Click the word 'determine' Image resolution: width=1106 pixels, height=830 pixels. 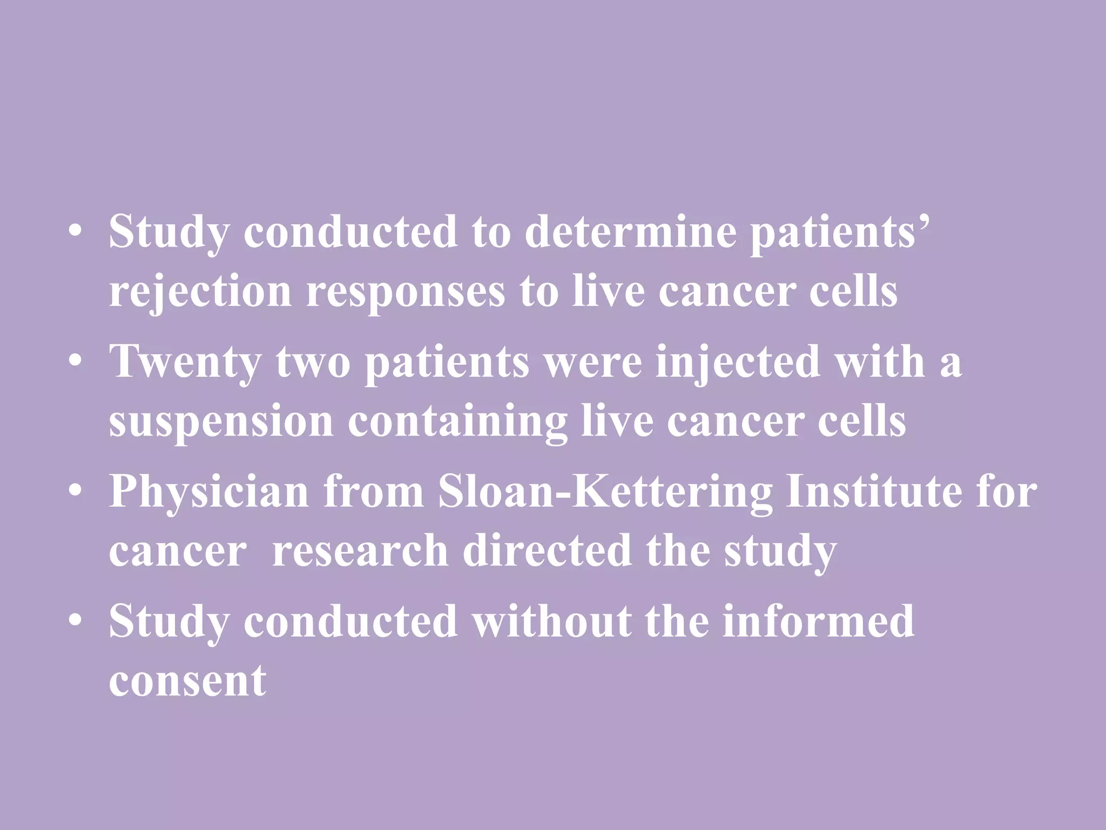[630, 232]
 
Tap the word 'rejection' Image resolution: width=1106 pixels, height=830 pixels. [200, 292]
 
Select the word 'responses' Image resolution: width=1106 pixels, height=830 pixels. [406, 292]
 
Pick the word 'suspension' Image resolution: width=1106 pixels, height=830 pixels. [221, 422]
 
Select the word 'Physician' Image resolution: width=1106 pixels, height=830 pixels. [209, 492]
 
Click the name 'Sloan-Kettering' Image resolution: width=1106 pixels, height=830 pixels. [605, 492]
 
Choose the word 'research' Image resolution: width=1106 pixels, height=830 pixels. [360, 551]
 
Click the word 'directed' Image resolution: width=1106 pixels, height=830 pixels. [547, 551]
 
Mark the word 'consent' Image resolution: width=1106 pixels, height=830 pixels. [188, 681]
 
